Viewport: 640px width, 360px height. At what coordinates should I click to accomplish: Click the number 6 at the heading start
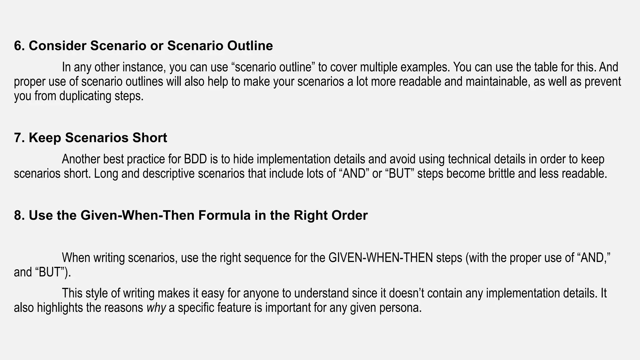(x=18, y=46)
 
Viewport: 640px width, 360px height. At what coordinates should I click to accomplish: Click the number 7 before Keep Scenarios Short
(x=18, y=138)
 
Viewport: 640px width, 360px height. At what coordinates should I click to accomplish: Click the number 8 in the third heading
(x=18, y=216)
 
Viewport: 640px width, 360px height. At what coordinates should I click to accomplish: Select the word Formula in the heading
(x=224, y=216)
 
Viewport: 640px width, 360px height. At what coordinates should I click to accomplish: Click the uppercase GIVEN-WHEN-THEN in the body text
(x=381, y=258)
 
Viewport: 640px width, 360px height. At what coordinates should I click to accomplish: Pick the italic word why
(x=156, y=308)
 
